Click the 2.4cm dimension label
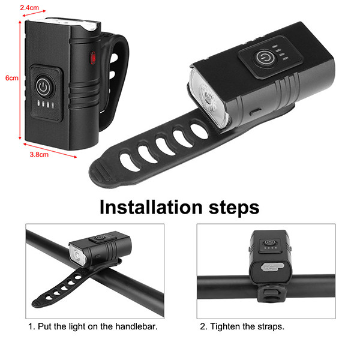pos(29,8)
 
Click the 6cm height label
pos(12,78)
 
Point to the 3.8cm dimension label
pos(39,155)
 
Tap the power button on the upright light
pos(44,87)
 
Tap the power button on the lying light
pos(266,57)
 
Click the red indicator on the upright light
pos(92,58)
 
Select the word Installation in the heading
pos(151,207)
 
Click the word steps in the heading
pos(234,208)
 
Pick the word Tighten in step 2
pos(225,327)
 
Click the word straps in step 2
pos(271,327)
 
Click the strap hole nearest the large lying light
pos(199,131)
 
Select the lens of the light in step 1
pos(78,256)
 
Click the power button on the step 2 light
pos(270,242)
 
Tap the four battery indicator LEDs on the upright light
pos(46,104)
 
